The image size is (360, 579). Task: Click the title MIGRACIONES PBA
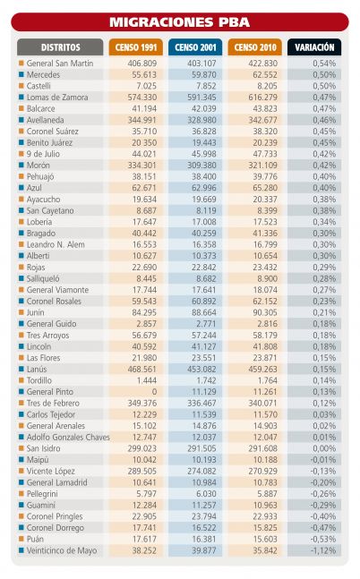180,22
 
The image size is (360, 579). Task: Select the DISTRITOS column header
60,47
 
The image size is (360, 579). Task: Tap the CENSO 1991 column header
136,47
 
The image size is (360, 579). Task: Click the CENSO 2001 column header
195,47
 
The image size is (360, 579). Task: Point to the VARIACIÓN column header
314,47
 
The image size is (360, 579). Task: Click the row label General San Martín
60,64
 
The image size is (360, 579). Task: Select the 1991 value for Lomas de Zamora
142,98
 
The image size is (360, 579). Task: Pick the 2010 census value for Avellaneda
262,120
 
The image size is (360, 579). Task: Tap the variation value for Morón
324,166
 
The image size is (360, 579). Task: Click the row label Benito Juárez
49,142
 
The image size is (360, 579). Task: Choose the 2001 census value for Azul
204,188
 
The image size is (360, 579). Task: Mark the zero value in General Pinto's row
154,392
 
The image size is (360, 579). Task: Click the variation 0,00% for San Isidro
324,448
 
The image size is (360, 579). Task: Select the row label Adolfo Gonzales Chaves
68,438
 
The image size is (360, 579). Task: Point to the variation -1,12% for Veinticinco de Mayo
323,550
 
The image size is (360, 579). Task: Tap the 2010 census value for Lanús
262,370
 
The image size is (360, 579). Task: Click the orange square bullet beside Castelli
21,86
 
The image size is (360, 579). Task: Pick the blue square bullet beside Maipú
21,460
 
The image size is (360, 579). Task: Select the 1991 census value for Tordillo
147,380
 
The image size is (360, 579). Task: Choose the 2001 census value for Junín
204,312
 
